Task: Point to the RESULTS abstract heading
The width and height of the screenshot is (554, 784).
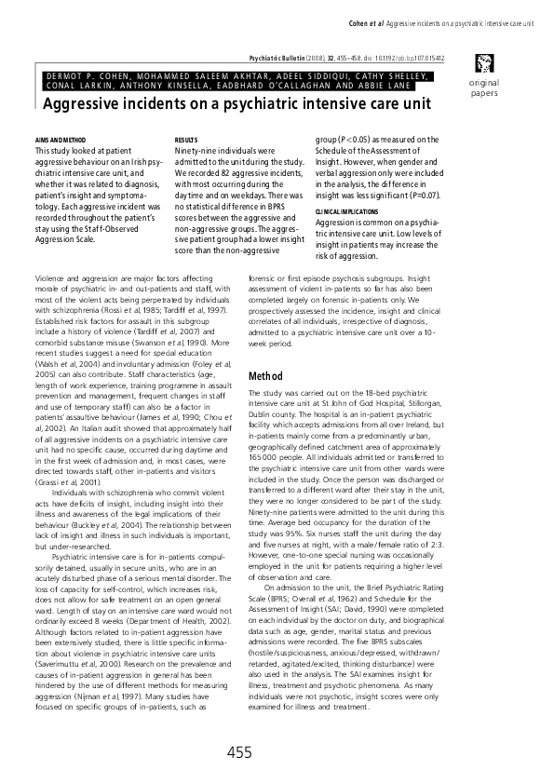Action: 186,139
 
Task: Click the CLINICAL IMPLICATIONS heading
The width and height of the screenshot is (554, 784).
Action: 345,211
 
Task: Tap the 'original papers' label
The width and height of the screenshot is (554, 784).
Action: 485,88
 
